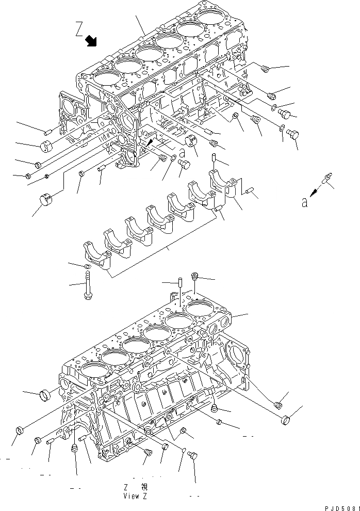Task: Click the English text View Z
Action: point(136,496)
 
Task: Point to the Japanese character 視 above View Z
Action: point(144,487)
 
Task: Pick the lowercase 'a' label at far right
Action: point(305,203)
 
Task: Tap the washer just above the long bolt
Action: point(88,266)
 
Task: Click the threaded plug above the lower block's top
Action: point(195,277)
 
